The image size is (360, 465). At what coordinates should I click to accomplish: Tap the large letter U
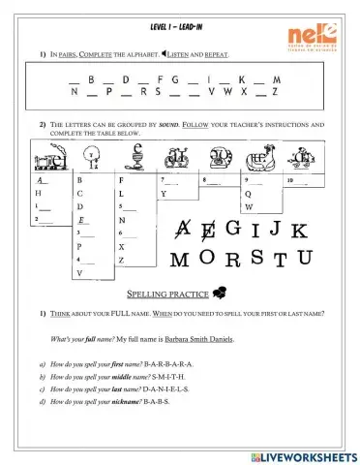coord(305,257)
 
